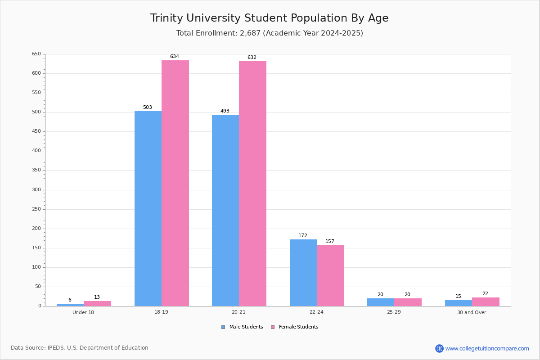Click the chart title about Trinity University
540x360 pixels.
point(269,18)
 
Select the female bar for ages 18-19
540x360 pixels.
point(175,183)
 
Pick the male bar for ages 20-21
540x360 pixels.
point(225,211)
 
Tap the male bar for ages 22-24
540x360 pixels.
point(303,273)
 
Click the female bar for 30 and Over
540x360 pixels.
point(486,302)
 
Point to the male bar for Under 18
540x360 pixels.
point(70,305)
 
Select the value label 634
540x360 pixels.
point(175,56)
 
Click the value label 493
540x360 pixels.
point(225,111)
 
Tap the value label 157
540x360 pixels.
point(330,241)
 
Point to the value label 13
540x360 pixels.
point(97,297)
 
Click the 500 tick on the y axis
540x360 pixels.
point(36,112)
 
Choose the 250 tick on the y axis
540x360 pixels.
point(36,209)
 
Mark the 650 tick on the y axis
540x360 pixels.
point(36,54)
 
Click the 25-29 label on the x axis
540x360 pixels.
point(394,312)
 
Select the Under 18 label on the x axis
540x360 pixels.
point(83,312)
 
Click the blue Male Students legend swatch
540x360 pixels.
point(223,327)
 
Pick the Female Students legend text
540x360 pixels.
point(298,327)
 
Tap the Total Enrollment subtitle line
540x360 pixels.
point(270,33)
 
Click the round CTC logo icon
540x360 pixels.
point(439,348)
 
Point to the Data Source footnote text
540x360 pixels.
point(80,348)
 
